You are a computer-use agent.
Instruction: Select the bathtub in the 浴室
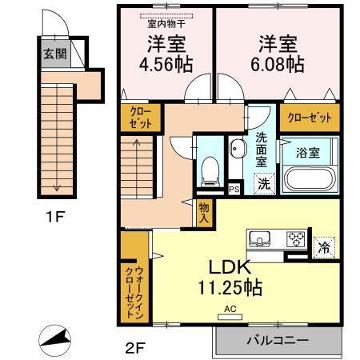coord(308,175)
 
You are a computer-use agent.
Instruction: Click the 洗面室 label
coord(262,149)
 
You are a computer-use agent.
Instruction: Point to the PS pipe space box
coord(234,189)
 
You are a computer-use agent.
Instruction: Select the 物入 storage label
coord(204,211)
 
